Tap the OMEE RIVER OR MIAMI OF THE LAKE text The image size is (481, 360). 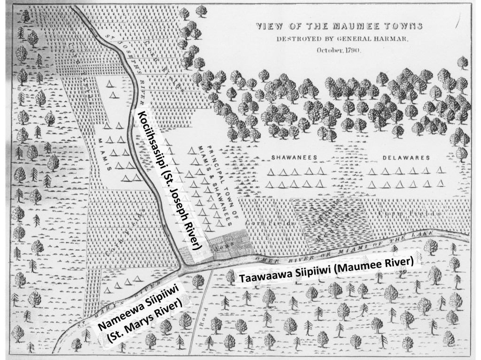329,248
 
